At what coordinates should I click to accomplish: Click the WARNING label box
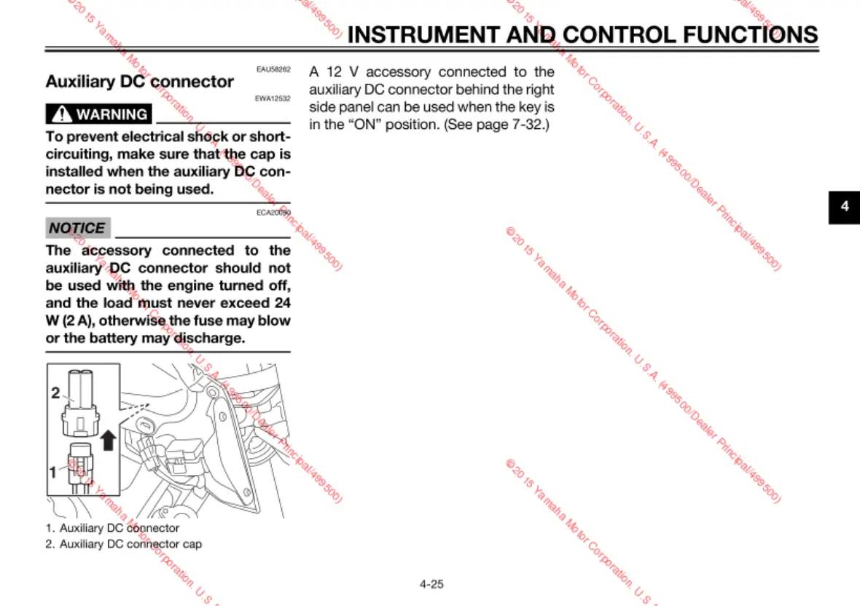pyautogui.click(x=99, y=114)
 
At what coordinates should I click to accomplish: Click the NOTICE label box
pyautogui.click(x=77, y=228)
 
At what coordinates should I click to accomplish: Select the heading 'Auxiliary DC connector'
pyautogui.click(x=140, y=82)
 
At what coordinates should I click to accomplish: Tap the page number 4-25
pyautogui.click(x=431, y=583)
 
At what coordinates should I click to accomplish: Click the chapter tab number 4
pyautogui.click(x=845, y=206)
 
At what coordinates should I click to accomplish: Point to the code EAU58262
pyautogui.click(x=273, y=70)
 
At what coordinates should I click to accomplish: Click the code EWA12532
pyautogui.click(x=273, y=98)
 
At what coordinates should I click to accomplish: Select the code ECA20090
pyautogui.click(x=273, y=213)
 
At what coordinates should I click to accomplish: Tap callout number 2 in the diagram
pyautogui.click(x=55, y=393)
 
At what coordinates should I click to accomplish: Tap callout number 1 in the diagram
pyautogui.click(x=52, y=472)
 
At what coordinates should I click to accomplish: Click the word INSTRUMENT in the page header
pyautogui.click(x=423, y=34)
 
